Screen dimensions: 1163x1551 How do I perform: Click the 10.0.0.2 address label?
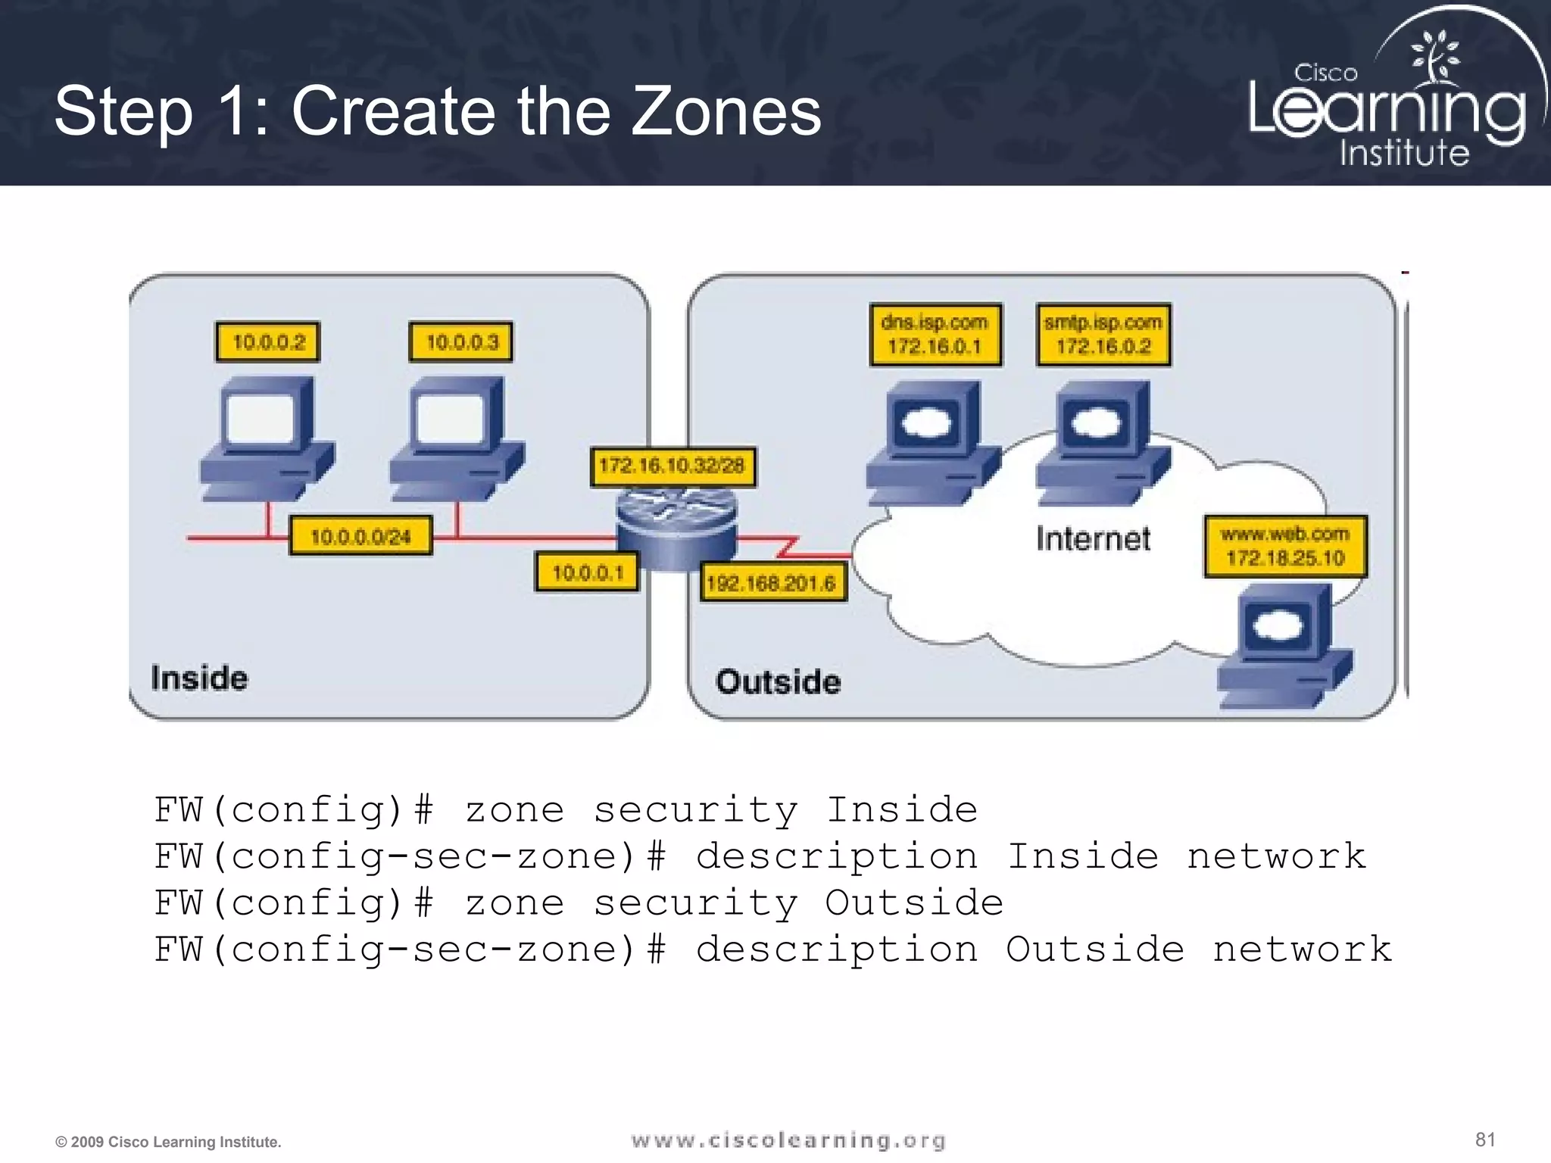pos(267,342)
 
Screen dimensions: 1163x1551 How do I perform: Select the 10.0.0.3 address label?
pos(461,342)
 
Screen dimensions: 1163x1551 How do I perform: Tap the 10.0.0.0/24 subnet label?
pos(360,536)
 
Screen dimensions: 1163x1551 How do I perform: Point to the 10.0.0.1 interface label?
pos(587,572)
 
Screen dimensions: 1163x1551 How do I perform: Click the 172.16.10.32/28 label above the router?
pos(672,466)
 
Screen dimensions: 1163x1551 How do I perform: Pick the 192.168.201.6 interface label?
pos(771,582)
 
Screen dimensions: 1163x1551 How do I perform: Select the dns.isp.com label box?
pos(935,335)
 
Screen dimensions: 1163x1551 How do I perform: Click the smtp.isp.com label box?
pos(1103,335)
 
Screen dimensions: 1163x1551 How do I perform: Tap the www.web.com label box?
pos(1285,547)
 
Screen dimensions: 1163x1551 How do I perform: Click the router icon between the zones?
pos(676,527)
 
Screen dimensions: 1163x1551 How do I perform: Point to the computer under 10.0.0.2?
pos(267,439)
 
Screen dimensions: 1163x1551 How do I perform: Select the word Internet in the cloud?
pos(1093,539)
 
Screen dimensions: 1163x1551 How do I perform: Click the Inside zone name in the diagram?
pos(199,678)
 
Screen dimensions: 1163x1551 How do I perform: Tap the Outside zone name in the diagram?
pos(778,681)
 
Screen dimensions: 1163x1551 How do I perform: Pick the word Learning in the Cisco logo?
pos(1386,112)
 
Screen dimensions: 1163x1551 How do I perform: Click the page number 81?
pos(1485,1140)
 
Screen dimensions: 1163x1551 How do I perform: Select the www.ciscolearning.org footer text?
pos(788,1140)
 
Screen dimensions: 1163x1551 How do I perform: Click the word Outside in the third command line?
pos(913,903)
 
